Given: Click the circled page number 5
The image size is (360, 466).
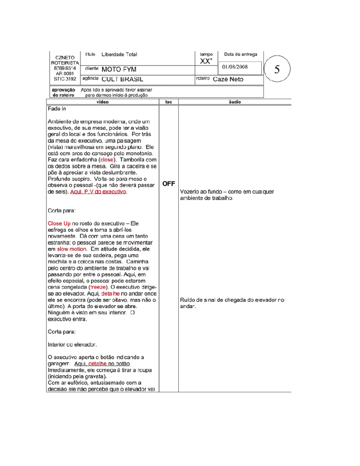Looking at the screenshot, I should [x=277, y=69].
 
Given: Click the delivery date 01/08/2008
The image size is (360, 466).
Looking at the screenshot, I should [x=235, y=67].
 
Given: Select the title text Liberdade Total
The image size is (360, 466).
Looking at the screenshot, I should [x=119, y=55].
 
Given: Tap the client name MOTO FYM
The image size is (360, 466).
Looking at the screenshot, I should [x=119, y=69].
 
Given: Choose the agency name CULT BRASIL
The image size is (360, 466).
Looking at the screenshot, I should [x=122, y=79].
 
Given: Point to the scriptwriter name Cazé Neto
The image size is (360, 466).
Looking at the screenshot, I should [x=228, y=79].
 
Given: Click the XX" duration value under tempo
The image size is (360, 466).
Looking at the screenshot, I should [x=206, y=61].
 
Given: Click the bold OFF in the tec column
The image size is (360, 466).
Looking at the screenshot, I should [x=169, y=184].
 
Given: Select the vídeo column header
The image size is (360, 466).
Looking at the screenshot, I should [x=103, y=102].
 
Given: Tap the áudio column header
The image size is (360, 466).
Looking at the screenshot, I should [x=235, y=102].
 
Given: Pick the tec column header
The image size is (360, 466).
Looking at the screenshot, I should [x=169, y=102].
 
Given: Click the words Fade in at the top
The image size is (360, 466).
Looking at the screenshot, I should [x=57, y=109].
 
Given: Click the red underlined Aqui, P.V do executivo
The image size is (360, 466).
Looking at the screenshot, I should [x=98, y=192].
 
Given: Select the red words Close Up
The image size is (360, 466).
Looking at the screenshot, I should [x=59, y=224].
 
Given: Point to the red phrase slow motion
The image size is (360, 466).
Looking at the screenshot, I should [x=72, y=249].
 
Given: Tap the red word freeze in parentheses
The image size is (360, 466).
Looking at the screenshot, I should [x=98, y=287].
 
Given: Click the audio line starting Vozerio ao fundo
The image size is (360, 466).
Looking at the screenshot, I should [x=227, y=192].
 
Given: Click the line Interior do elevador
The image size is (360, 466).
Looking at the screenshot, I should [x=72, y=344].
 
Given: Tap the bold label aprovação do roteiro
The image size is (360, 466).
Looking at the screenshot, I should [x=63, y=92].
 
